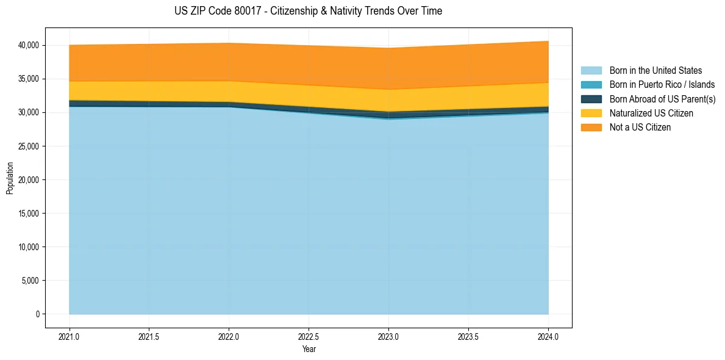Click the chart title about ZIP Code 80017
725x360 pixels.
pyautogui.click(x=308, y=11)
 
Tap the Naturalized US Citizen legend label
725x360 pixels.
pyautogui.click(x=651, y=113)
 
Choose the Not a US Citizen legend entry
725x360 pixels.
pyautogui.click(x=640, y=128)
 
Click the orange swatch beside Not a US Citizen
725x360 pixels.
pyautogui.click(x=591, y=128)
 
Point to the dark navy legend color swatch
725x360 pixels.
pyautogui.click(x=591, y=99)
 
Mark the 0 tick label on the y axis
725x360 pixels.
pyautogui.click(x=37, y=314)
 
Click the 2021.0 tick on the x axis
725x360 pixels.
pyautogui.click(x=70, y=336)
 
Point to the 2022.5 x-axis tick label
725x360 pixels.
pyautogui.click(x=309, y=336)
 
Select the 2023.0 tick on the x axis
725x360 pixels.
pyautogui.click(x=388, y=336)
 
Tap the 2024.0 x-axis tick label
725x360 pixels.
pyautogui.click(x=548, y=336)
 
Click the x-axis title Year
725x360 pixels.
pyautogui.click(x=309, y=349)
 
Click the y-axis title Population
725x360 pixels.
pyautogui.click(x=10, y=178)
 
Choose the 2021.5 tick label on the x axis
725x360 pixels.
pyautogui.click(x=149, y=336)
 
